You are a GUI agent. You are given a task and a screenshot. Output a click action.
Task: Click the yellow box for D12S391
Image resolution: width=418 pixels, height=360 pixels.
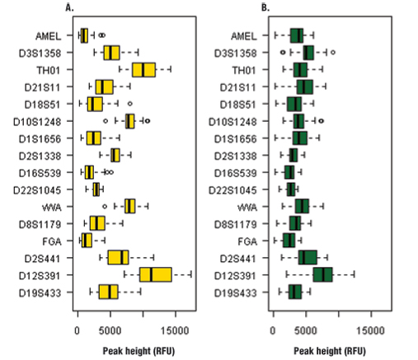pyautogui.click(x=156, y=274)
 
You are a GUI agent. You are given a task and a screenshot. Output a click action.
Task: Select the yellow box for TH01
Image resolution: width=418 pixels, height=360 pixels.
pyautogui.click(x=144, y=70)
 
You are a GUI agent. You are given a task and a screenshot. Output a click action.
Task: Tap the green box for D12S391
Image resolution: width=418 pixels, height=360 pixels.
pyautogui.click(x=322, y=274)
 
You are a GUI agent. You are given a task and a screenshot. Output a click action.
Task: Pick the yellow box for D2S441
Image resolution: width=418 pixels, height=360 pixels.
pyautogui.click(x=119, y=257)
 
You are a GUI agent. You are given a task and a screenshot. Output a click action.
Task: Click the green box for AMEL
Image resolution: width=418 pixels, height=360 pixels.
pyautogui.click(x=297, y=35)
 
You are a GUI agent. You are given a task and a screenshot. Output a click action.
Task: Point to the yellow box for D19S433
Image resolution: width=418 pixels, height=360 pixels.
pyautogui.click(x=109, y=292)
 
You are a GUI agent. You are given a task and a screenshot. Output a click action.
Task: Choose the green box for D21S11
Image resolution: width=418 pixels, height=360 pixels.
pyautogui.click(x=305, y=86)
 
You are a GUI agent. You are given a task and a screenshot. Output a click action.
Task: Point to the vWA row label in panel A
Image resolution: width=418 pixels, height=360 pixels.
pyautogui.click(x=54, y=206)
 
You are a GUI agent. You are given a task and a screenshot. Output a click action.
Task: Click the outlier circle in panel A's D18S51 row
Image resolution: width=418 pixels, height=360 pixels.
pyautogui.click(x=129, y=104)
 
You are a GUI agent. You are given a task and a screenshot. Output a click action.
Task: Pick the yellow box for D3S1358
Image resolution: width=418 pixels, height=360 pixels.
pyautogui.click(x=111, y=53)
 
